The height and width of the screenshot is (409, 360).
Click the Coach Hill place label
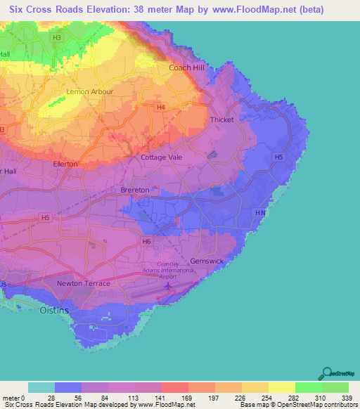[x=186, y=67]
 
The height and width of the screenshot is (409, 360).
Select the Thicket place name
[x=222, y=120]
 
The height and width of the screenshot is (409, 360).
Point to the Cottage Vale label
[x=161, y=157]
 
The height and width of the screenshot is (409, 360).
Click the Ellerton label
[x=65, y=164]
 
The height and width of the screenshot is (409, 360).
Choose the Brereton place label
[x=134, y=190]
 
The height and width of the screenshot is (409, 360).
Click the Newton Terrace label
[x=83, y=283]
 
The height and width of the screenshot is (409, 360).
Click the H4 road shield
[x=161, y=107]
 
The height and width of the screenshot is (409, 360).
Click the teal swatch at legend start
[x=41, y=387]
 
